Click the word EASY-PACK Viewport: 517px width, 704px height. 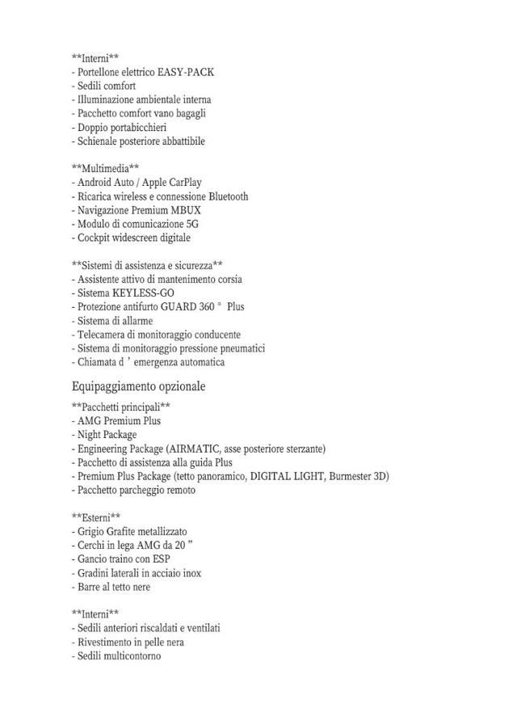(186, 72)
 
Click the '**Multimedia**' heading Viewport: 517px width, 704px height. (106, 169)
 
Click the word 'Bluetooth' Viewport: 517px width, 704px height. (229, 196)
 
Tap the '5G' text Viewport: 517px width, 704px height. (192, 224)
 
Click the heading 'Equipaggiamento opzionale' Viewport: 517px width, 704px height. (138, 386)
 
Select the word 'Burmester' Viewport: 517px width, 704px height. (351, 476)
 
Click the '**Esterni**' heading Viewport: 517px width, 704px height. (96, 517)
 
